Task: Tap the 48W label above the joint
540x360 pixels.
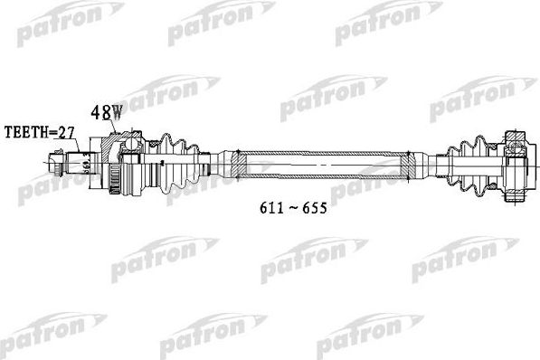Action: [x=106, y=115]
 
